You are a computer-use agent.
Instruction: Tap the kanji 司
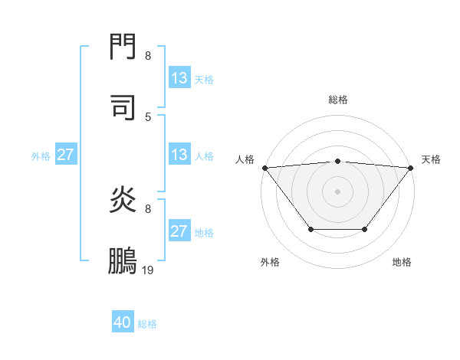(123, 107)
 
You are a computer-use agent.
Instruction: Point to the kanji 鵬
(123, 261)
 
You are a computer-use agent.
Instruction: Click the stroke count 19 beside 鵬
(148, 270)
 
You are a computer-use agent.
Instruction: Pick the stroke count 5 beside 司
(148, 116)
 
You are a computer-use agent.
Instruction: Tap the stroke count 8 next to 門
(148, 56)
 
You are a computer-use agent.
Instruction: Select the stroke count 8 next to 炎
(148, 209)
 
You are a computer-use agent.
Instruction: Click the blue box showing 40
(123, 322)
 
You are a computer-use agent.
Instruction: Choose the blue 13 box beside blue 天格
(179, 77)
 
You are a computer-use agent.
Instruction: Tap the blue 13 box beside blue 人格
(179, 155)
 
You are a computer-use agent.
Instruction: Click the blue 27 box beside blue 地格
(179, 231)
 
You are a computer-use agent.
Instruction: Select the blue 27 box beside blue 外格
(66, 155)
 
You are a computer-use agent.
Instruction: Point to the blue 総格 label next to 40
(147, 324)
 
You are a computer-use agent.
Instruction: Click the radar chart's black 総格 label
(337, 100)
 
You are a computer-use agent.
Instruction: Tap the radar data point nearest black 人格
(264, 168)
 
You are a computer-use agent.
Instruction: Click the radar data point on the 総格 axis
(337, 161)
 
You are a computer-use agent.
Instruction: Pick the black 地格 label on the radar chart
(402, 262)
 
